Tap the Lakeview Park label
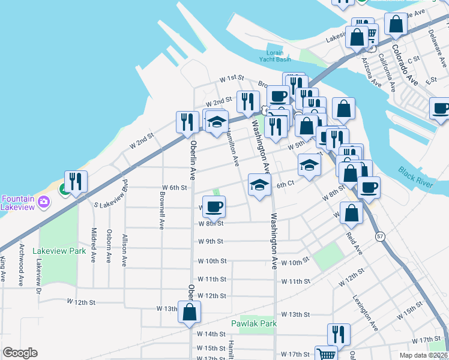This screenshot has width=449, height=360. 59,251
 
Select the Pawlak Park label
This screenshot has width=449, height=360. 254,323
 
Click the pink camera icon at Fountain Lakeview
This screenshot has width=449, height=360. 43,202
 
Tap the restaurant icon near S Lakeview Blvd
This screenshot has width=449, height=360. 76,182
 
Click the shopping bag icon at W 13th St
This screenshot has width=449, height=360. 190,312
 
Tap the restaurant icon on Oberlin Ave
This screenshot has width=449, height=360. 187,122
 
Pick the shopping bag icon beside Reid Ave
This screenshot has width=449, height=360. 352,212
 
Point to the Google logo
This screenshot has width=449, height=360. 20,353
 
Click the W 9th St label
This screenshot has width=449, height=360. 211,241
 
